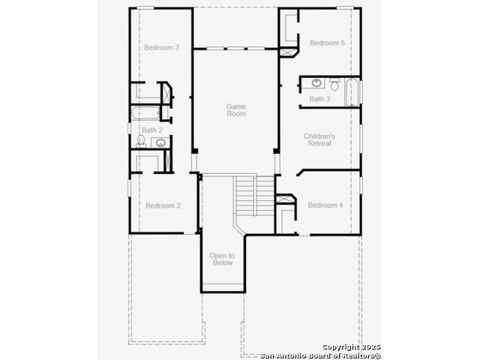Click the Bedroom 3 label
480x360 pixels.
[162, 47]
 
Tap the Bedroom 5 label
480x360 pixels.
[327, 43]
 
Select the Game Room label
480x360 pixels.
[236, 110]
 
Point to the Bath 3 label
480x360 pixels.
[319, 99]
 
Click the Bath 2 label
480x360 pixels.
[152, 130]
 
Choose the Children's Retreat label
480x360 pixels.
[319, 139]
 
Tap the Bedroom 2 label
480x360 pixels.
[163, 205]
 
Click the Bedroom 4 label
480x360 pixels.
[325, 205]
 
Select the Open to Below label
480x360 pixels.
[222, 259]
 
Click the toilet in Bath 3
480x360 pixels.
[334, 84]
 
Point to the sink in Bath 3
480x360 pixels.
[316, 82]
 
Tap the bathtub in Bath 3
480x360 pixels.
[352, 92]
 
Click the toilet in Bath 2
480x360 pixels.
[141, 141]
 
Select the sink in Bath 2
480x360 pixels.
[160, 142]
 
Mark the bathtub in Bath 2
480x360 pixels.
[146, 113]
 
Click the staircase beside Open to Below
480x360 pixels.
[255, 196]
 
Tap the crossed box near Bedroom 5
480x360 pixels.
[288, 52]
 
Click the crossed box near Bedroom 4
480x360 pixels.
[285, 199]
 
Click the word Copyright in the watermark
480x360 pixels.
[340, 347]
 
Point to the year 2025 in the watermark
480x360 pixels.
[370, 346]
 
